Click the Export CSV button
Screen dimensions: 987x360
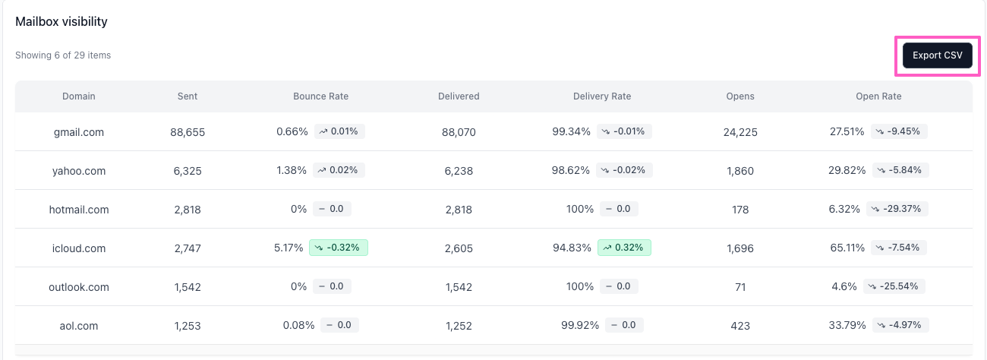pyautogui.click(x=937, y=55)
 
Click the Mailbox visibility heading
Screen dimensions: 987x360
pyautogui.click(x=61, y=21)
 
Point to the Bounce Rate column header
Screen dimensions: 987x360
pyautogui.click(x=320, y=96)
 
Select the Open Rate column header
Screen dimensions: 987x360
pyautogui.click(x=878, y=96)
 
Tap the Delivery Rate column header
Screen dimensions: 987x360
pyautogui.click(x=602, y=96)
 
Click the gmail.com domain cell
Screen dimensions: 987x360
pyautogui.click(x=79, y=132)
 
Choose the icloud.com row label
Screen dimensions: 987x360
pyautogui.click(x=79, y=248)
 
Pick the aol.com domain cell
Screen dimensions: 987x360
pyautogui.click(x=79, y=326)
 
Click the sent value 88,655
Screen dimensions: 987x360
pyautogui.click(x=188, y=132)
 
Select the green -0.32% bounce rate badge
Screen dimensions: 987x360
pyautogui.click(x=339, y=248)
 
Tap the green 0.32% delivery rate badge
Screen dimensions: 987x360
pyautogui.click(x=624, y=248)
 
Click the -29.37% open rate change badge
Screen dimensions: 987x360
pyautogui.click(x=897, y=209)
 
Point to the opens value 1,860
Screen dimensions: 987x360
pyautogui.click(x=740, y=171)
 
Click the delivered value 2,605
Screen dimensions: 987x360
pyautogui.click(x=459, y=248)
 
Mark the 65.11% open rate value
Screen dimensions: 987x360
pyautogui.click(x=847, y=248)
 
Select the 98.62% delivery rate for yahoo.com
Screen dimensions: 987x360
pyautogui.click(x=571, y=170)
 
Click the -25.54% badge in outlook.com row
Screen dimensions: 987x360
pyautogui.click(x=894, y=286)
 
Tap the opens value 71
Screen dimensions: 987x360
pyautogui.click(x=740, y=287)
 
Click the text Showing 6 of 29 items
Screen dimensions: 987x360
pyautogui.click(x=63, y=55)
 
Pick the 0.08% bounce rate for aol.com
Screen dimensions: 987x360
pyautogui.click(x=298, y=325)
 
